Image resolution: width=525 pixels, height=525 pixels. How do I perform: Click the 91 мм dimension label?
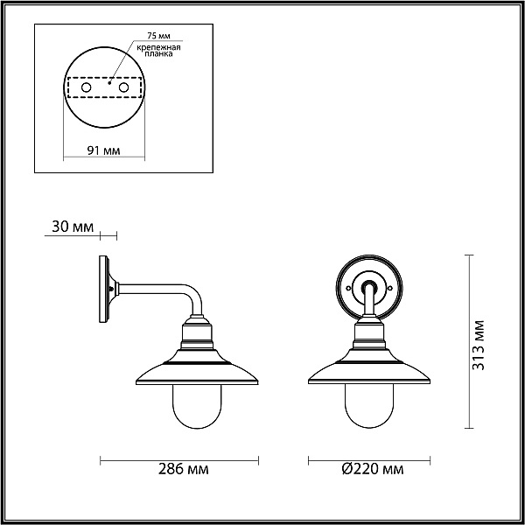pyautogui.click(x=103, y=150)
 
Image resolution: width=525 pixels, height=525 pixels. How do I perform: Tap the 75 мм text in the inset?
pyautogui.click(x=158, y=36)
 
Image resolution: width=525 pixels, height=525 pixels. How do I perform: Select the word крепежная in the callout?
pyautogui.click(x=158, y=47)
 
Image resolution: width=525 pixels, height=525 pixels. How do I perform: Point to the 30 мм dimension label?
pyautogui.click(x=73, y=227)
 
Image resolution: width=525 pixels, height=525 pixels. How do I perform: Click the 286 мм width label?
pyautogui.click(x=183, y=469)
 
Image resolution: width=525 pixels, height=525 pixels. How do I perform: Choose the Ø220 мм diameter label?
pyautogui.click(x=373, y=469)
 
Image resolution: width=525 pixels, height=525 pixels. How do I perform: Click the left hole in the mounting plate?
pyautogui.click(x=86, y=87)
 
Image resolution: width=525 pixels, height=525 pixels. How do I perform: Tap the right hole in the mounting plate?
pyautogui.click(x=123, y=87)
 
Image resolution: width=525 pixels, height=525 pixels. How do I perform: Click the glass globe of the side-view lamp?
pyautogui.click(x=197, y=406)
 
